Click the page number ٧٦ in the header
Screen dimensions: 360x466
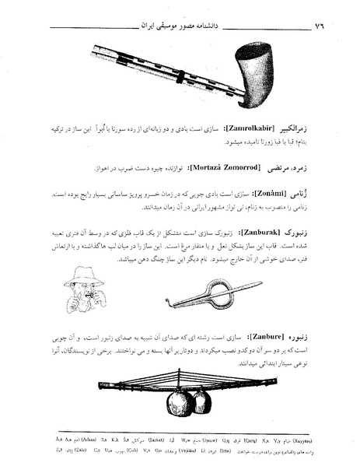(x=316, y=26)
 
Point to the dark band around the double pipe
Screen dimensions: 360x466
(x=180, y=79)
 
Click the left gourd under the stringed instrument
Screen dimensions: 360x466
(x=178, y=401)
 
